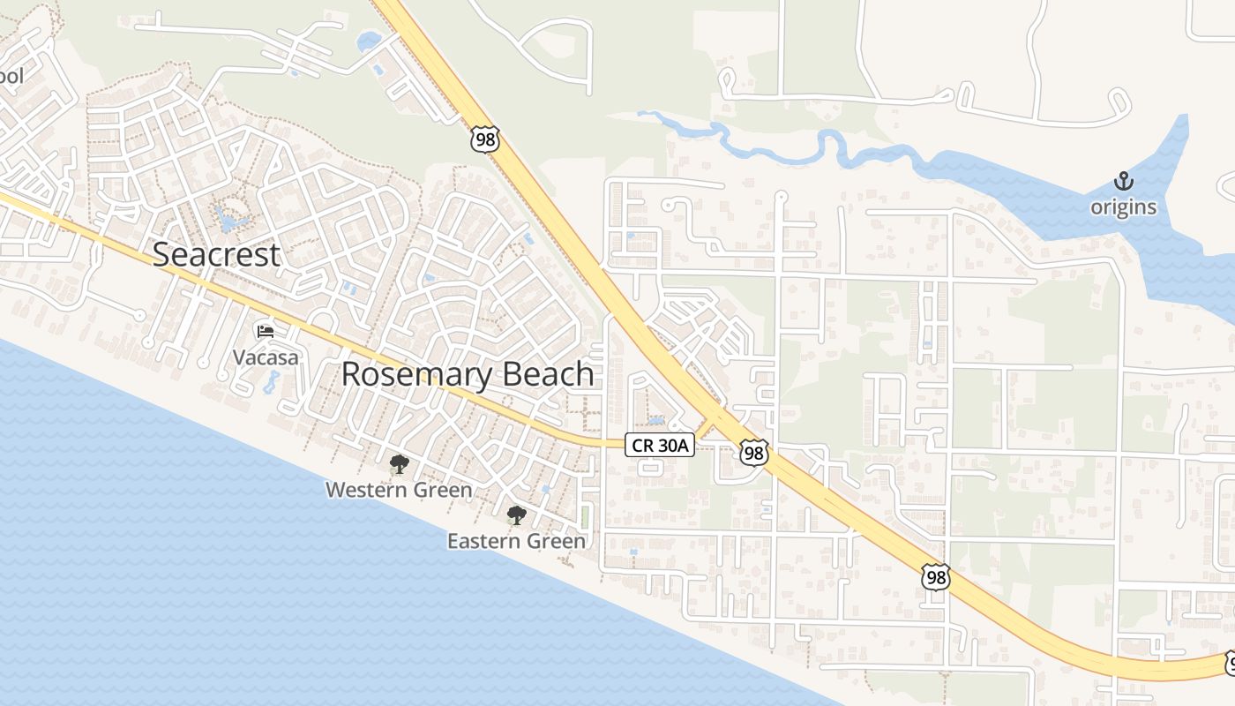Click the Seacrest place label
216,254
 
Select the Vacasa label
266,357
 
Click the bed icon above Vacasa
266,332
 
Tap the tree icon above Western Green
399,464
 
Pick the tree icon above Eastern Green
516,515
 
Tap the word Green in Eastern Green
558,541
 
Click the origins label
1123,207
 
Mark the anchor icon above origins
1123,183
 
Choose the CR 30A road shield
660,446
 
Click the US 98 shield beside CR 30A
753,453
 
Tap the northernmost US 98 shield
485,139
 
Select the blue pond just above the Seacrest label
231,221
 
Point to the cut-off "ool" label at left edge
11,76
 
